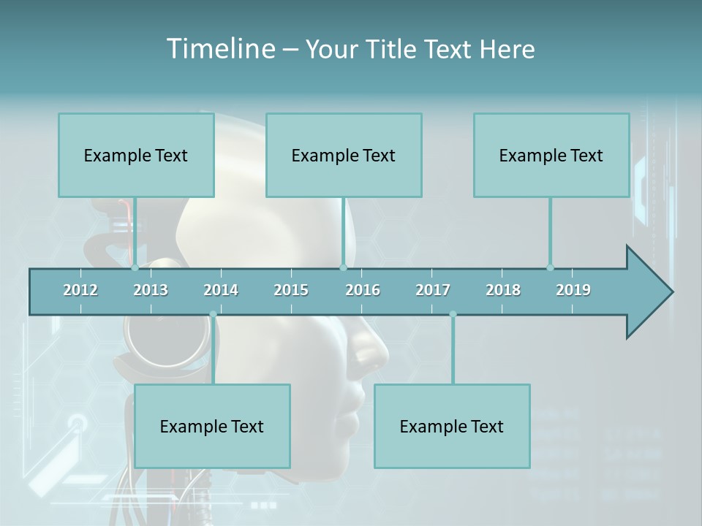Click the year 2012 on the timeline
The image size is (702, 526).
tap(80, 290)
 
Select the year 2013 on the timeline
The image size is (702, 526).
tap(151, 290)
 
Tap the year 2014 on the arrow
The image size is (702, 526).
tap(221, 290)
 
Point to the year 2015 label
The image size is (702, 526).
tap(291, 290)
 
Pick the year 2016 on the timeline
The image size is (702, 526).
tap(363, 290)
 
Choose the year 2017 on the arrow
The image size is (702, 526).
tap(433, 290)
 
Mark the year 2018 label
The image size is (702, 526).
tap(503, 290)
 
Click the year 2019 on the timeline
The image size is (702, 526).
tap(573, 290)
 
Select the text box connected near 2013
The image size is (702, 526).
tap(136, 155)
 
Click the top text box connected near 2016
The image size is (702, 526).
tap(344, 155)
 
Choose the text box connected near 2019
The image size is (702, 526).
tap(551, 155)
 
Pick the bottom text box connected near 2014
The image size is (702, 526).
tap(212, 426)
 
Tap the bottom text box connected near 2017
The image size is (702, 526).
tap(452, 426)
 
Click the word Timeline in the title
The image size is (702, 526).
tap(219, 48)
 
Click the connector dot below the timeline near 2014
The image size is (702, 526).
tap(213, 315)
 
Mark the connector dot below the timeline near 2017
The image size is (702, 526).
tap(453, 315)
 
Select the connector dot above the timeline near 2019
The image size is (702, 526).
tap(551, 267)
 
